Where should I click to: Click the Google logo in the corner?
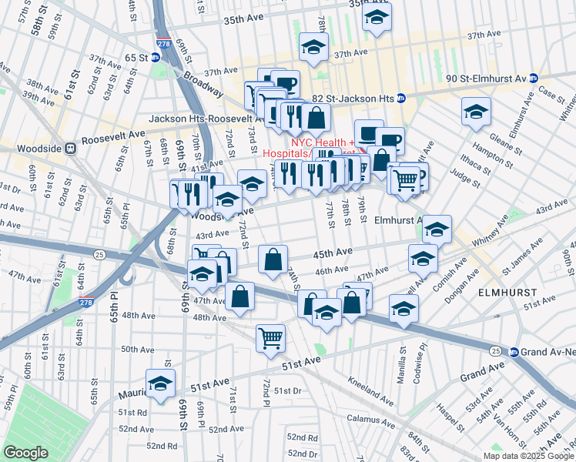pyautogui.click(x=26, y=452)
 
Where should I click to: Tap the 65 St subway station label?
pyautogui.click(x=137, y=58)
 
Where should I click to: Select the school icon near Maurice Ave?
pyautogui.click(x=160, y=382)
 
